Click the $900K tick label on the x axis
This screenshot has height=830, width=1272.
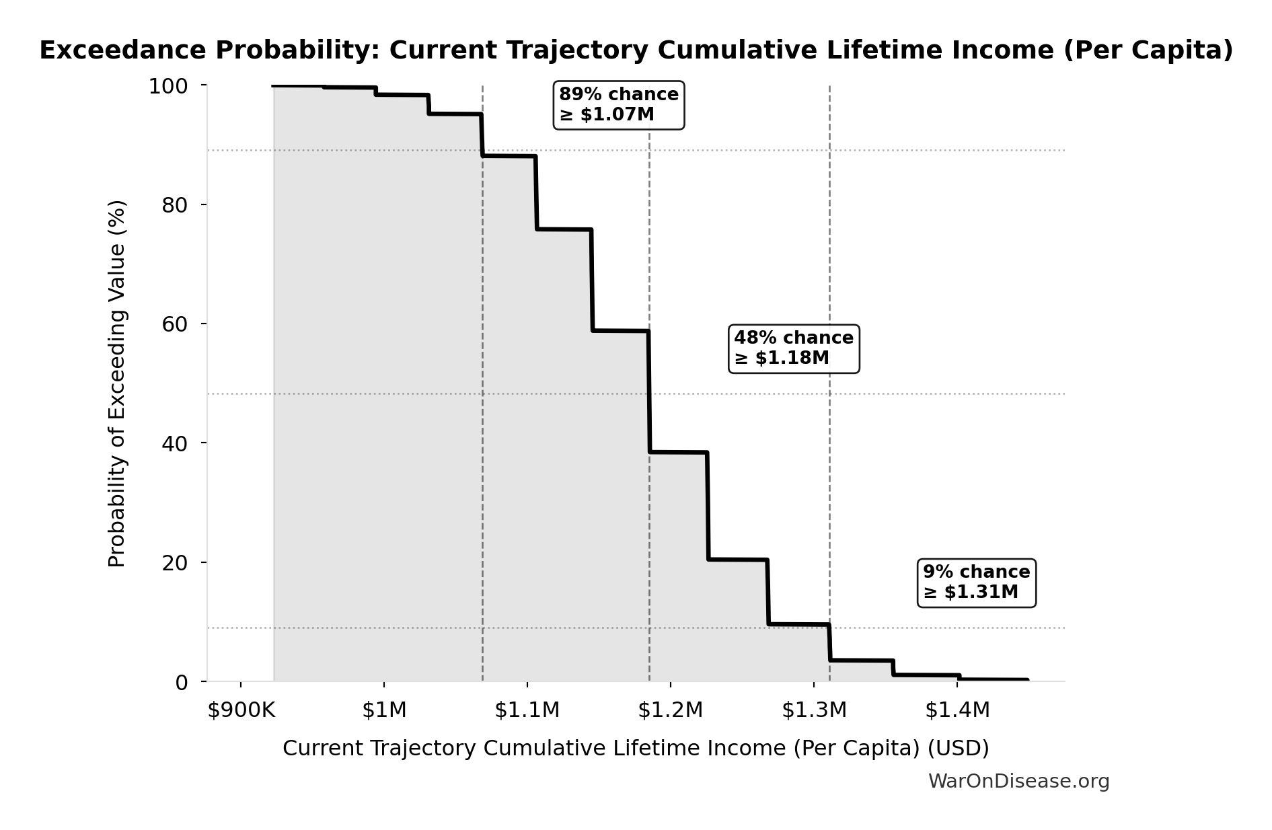click(x=241, y=710)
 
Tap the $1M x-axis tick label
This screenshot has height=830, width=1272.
click(x=384, y=710)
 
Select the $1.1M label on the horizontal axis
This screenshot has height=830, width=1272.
click(x=527, y=710)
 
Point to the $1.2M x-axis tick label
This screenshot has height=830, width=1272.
click(x=671, y=710)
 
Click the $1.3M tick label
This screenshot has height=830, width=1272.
click(x=814, y=710)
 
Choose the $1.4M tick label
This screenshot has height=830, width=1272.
click(x=957, y=710)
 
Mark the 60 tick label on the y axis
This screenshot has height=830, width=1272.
click(x=174, y=324)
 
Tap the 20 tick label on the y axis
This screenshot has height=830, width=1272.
click(x=174, y=563)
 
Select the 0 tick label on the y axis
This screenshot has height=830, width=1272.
click(x=182, y=683)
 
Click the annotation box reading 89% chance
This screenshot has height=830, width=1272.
click(x=618, y=105)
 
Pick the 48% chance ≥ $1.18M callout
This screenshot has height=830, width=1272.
click(x=794, y=348)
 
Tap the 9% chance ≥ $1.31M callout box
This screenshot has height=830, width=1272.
click(x=976, y=582)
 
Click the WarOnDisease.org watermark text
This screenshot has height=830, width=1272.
click(x=1018, y=782)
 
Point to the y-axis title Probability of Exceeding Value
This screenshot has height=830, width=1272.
click(x=117, y=383)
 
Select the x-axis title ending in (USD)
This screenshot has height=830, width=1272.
click(x=635, y=749)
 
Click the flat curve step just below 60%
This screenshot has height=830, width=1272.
click(x=620, y=331)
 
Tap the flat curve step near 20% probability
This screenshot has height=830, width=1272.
click(x=737, y=560)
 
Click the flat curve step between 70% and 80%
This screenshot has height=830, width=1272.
click(x=564, y=229)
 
